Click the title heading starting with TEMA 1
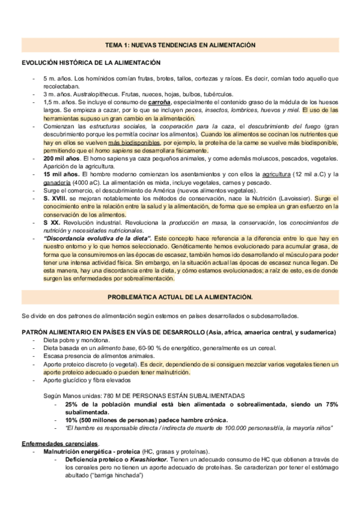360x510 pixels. [180, 45]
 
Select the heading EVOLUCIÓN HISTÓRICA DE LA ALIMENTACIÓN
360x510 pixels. [91, 63]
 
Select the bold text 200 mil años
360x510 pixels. [63, 158]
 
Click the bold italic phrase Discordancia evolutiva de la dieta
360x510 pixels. [98, 238]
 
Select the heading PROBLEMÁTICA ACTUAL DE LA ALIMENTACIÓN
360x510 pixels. [180, 297]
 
